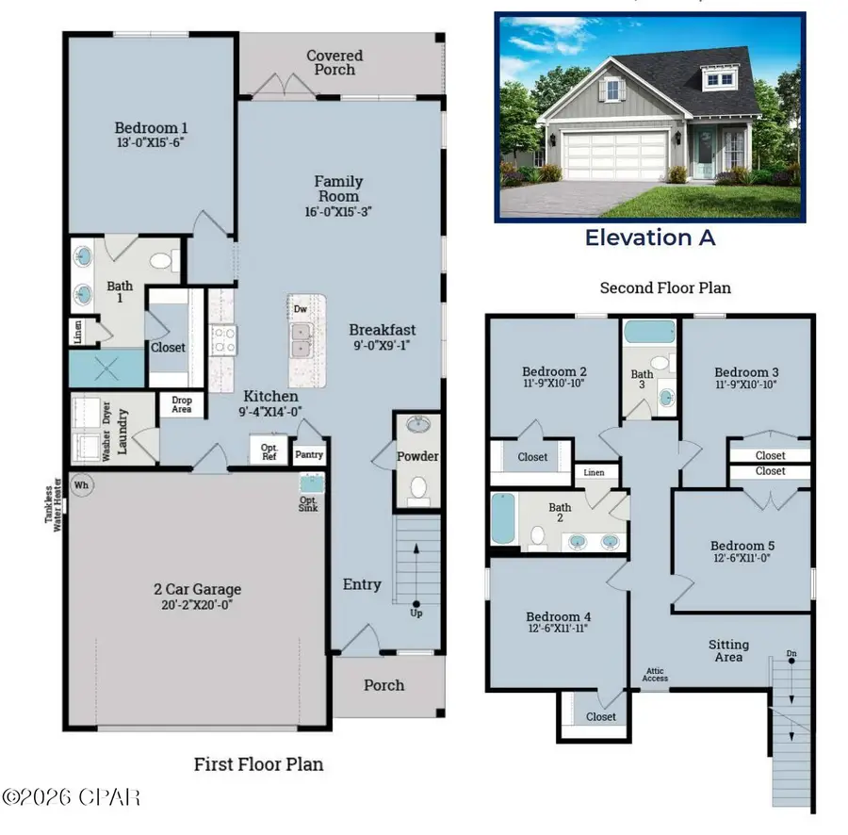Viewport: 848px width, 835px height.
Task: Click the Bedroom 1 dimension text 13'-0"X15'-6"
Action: (x=152, y=144)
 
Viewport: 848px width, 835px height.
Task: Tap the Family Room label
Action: (x=338, y=188)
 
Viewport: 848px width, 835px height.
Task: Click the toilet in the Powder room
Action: (x=416, y=488)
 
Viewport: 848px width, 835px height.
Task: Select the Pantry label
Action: (x=309, y=454)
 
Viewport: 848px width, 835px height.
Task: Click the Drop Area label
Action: (x=182, y=404)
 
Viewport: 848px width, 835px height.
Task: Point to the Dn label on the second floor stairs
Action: (x=791, y=653)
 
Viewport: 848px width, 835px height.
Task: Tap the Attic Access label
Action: (x=656, y=674)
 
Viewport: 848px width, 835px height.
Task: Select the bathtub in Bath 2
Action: (x=500, y=518)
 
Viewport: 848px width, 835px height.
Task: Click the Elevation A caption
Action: (x=649, y=237)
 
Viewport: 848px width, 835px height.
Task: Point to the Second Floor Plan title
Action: (x=665, y=287)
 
